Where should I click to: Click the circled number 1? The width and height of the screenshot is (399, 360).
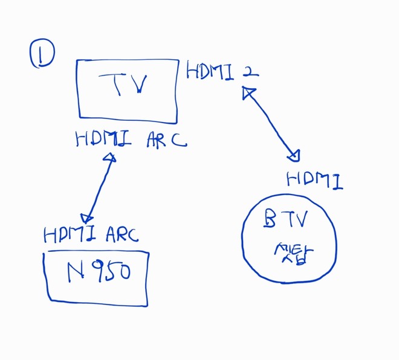42,54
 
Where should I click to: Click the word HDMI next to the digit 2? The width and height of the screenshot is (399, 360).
211,71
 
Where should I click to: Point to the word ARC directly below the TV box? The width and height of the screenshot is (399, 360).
166,140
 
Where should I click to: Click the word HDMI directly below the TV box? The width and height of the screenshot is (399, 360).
103,140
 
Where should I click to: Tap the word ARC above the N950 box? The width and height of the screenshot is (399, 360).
123,234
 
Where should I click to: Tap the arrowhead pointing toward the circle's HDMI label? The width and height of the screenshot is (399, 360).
294,156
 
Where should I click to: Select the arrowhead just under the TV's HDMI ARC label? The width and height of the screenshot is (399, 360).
109,158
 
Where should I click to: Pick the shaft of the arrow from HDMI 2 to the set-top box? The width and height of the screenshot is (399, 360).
271,124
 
